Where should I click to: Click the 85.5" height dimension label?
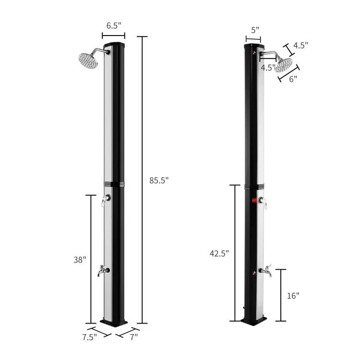point(159,180)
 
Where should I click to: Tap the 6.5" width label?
point(114,25)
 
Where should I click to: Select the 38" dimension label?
point(80,260)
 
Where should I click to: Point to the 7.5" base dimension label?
point(90,337)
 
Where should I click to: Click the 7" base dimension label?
point(134,337)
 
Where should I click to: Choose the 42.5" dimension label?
point(219,253)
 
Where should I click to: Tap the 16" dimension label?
point(293,296)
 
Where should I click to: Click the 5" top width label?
point(255,30)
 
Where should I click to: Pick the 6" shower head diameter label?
point(293,79)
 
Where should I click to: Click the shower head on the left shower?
point(88,61)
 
